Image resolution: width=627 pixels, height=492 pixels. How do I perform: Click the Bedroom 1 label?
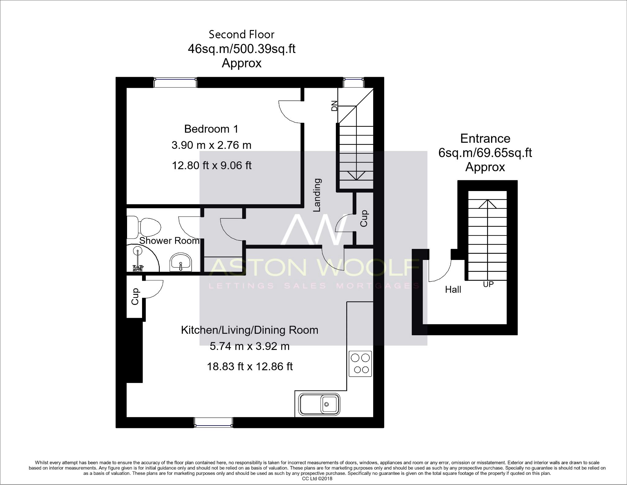211,129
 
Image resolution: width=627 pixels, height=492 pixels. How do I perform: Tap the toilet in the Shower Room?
144,227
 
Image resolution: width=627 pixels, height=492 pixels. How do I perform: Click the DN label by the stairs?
334,106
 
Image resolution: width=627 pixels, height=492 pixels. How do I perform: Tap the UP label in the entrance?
488,284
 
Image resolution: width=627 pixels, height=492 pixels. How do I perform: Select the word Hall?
453,289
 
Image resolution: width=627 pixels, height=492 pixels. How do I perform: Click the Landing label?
317,195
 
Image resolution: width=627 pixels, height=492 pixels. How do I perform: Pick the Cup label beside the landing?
364,218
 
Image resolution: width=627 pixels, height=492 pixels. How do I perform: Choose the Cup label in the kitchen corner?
135,296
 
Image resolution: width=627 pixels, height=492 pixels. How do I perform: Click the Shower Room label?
169,241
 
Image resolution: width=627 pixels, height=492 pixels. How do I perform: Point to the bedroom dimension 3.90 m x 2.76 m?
211,145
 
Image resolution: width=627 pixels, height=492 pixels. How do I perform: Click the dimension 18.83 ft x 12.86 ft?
250,366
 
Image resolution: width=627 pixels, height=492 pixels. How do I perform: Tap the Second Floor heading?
242,34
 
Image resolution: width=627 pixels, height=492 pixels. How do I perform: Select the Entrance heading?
485,138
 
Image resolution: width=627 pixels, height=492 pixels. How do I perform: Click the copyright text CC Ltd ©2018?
317,479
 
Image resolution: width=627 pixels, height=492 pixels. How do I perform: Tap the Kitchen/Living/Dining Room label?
250,330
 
